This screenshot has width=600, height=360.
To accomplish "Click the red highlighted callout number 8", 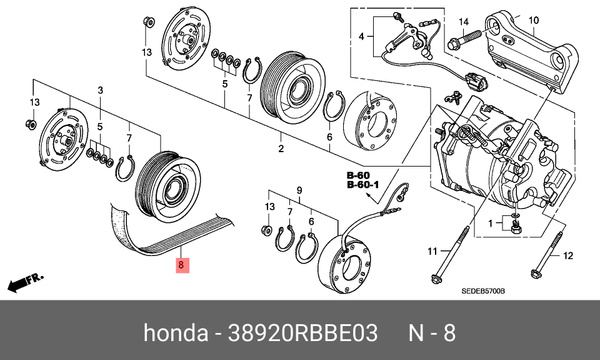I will click(x=180, y=266).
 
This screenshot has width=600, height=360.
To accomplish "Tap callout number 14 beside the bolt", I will click(x=462, y=22).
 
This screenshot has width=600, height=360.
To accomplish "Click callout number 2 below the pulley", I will click(x=281, y=149).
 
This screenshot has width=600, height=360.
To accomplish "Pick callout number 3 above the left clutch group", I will click(x=101, y=91).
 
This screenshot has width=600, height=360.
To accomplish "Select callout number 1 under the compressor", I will click(x=489, y=221).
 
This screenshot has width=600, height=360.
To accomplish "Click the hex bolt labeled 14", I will click(x=456, y=42).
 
